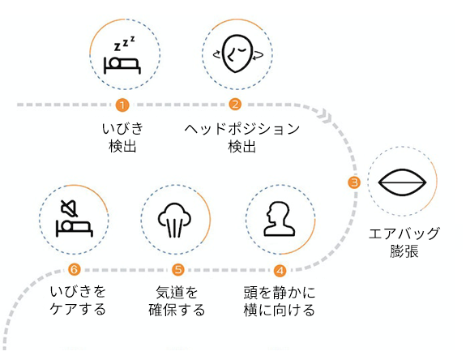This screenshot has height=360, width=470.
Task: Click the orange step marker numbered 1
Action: pyautogui.click(x=122, y=105)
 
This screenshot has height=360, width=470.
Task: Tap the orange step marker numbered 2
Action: pyautogui.click(x=235, y=105)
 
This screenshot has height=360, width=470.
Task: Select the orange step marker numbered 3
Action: pyautogui.click(x=354, y=182)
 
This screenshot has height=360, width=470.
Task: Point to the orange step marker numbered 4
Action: pyautogui.click(x=280, y=271)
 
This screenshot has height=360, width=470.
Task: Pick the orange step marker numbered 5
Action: pyautogui.click(x=178, y=270)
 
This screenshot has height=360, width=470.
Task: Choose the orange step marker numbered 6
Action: pyautogui.click(x=74, y=269)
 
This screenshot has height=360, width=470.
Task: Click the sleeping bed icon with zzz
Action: pyautogui.click(x=122, y=55)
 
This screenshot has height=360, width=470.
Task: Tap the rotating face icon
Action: pyautogui.click(x=238, y=54)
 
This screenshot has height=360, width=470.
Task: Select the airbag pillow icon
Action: pyautogui.click(x=402, y=182)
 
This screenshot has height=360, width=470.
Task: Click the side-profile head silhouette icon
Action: pyautogui.click(x=280, y=219)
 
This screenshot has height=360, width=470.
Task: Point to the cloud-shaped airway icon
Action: pyautogui.click(x=174, y=221)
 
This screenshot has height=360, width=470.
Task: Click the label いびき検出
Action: pyautogui.click(x=122, y=138)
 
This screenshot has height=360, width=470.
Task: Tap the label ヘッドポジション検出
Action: pyautogui.click(x=242, y=138)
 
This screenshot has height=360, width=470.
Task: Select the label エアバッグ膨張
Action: pyautogui.click(x=404, y=242)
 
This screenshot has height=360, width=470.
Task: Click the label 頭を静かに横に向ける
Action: pyautogui.click(x=280, y=301)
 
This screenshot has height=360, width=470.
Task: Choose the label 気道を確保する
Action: pyautogui.click(x=177, y=301)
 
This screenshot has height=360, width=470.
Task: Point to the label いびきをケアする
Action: pyautogui.click(x=78, y=301)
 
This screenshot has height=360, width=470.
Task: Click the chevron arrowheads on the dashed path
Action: pyautogui.click(x=326, y=117)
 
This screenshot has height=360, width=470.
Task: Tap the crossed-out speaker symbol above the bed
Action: pyautogui.click(x=70, y=208)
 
